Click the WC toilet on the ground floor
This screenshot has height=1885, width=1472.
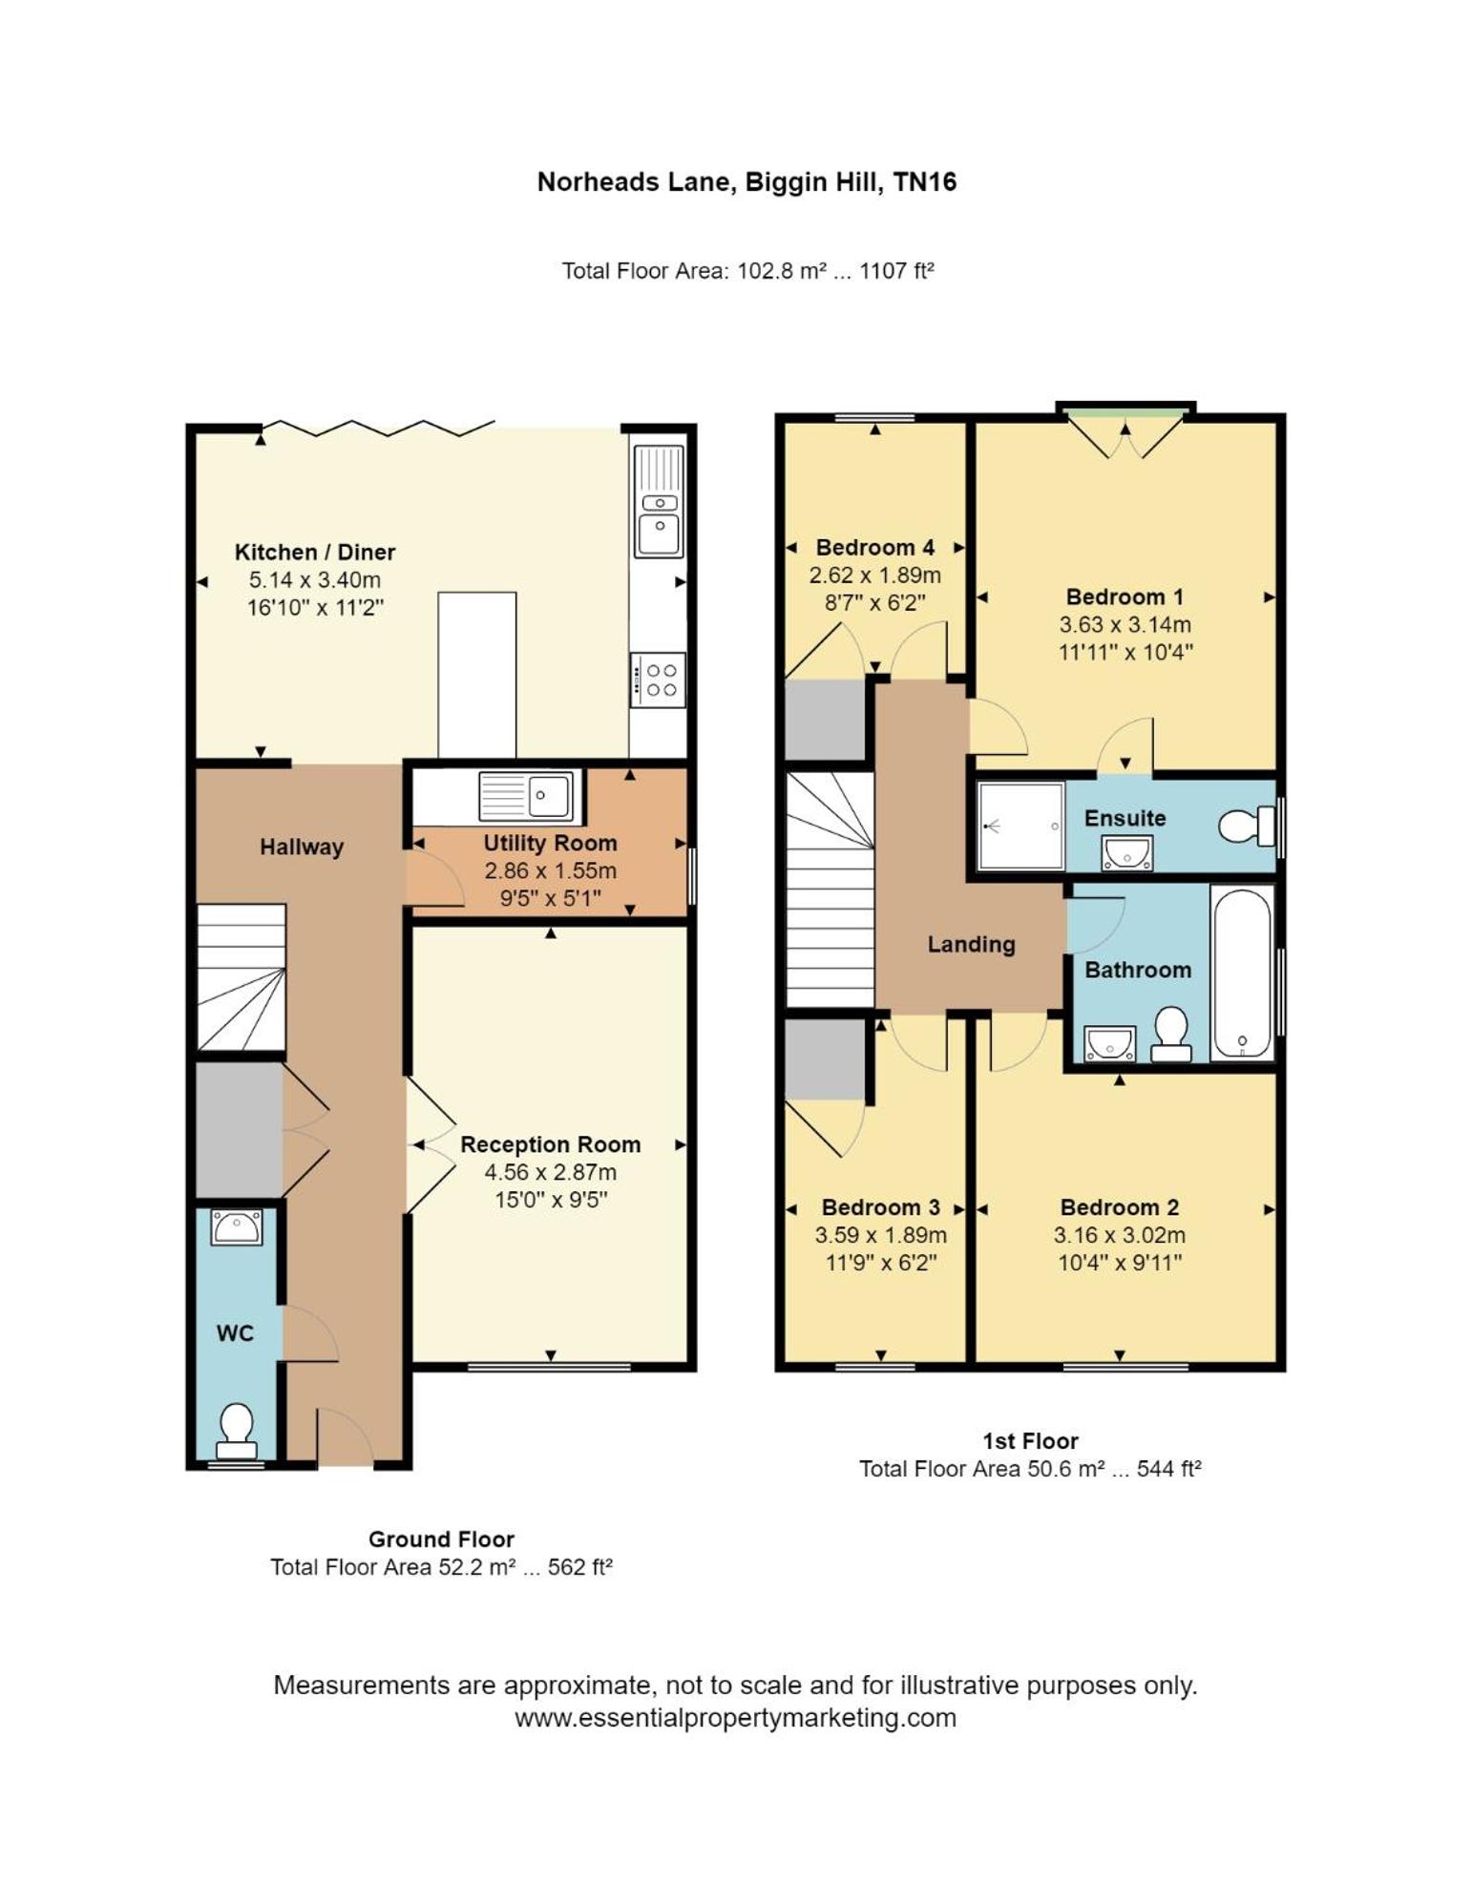(236, 1431)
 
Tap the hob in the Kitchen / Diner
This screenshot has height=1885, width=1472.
(658, 680)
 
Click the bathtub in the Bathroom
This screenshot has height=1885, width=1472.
(1242, 973)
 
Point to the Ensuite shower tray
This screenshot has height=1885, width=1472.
(1020, 827)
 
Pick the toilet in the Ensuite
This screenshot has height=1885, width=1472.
(1247, 826)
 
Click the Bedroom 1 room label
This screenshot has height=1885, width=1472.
(1125, 597)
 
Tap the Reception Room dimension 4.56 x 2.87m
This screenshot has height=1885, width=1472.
(551, 1172)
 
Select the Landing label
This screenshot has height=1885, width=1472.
(971, 944)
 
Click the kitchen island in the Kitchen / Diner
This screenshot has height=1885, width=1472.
(477, 675)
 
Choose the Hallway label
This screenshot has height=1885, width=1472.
(302, 847)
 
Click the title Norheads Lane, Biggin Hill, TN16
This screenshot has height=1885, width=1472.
(747, 181)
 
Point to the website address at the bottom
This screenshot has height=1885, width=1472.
(735, 1718)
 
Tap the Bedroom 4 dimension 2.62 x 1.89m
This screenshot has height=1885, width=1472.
(875, 576)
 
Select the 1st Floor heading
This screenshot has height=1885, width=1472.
(1030, 1441)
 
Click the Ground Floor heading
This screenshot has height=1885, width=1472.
(441, 1539)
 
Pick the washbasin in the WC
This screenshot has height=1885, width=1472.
(237, 1227)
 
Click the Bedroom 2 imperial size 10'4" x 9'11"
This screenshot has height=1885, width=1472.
(1120, 1263)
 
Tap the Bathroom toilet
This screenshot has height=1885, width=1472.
(1171, 1035)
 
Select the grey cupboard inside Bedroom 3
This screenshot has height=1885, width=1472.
(826, 1058)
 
